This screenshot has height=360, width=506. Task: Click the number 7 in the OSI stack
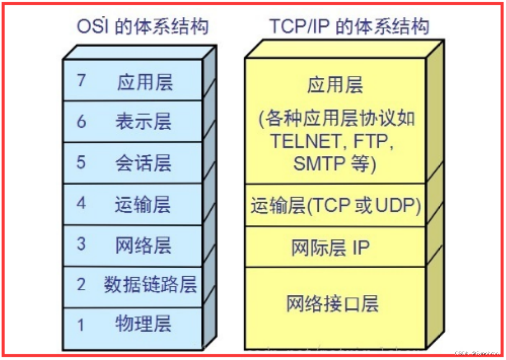[x=81, y=80]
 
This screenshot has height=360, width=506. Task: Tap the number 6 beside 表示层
[x=81, y=121]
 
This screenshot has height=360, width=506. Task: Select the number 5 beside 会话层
[x=81, y=162]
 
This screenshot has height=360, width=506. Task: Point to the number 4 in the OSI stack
[x=81, y=203]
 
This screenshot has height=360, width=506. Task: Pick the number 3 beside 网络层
[x=81, y=244]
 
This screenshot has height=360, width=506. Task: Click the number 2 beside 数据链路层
[x=81, y=285]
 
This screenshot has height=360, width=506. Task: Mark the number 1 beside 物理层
[x=81, y=325]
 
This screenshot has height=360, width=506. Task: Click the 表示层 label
[x=144, y=121]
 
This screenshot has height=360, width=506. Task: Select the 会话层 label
[x=144, y=163]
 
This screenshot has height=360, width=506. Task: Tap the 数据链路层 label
[x=150, y=285]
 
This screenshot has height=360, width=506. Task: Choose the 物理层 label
[x=144, y=324]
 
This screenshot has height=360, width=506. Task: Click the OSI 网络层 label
[x=144, y=245]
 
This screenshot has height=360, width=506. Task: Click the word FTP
[x=372, y=141]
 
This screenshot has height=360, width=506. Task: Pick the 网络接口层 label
[x=332, y=304]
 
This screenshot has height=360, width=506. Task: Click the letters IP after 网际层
[x=361, y=248]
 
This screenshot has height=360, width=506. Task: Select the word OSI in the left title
[x=93, y=26]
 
